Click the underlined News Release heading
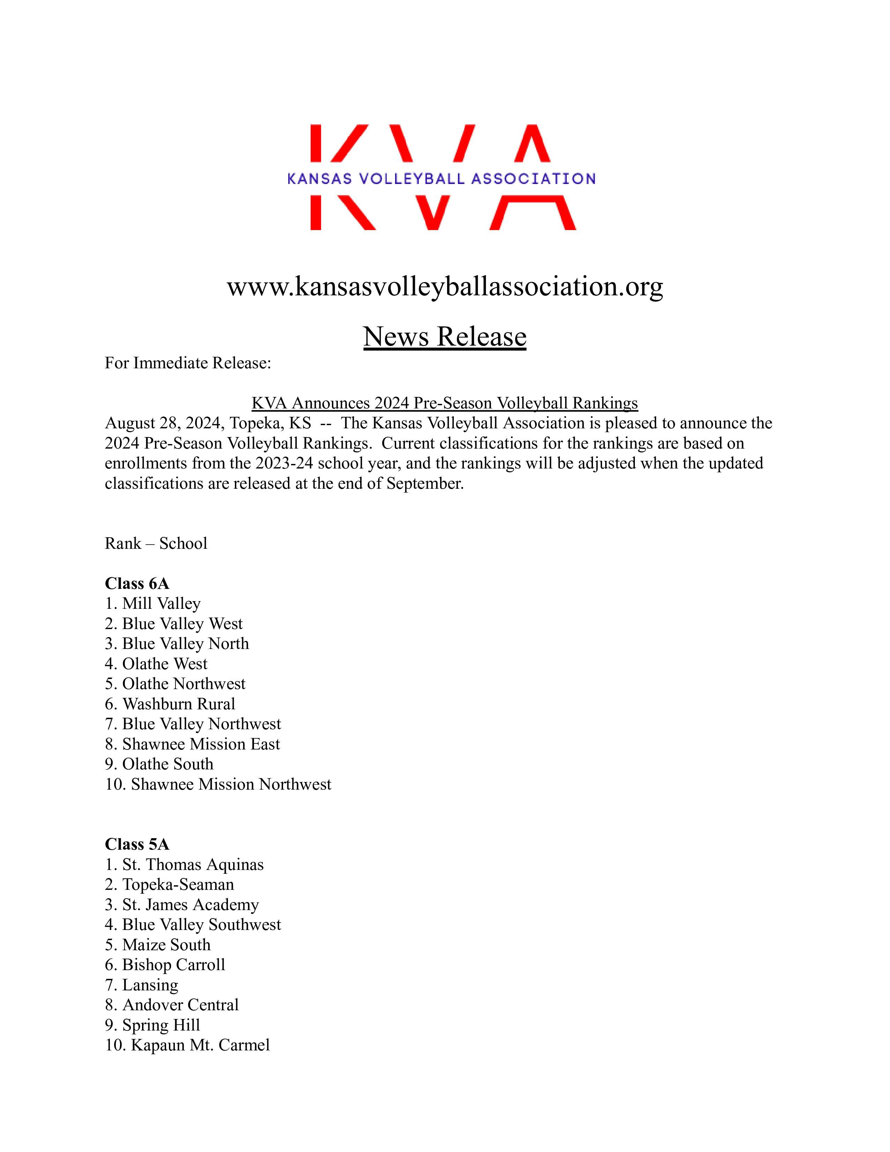[444, 337]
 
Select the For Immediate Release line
[188, 363]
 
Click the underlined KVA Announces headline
[444, 403]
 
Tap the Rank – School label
[156, 543]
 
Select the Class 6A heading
[137, 583]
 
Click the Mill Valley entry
[153, 604]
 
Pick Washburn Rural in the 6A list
[170, 704]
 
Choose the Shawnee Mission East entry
[192, 744]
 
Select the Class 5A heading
[137, 844]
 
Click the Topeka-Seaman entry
[169, 885]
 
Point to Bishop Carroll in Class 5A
[165, 965]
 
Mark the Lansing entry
[142, 985]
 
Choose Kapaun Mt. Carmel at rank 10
[187, 1045]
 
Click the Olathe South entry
[159, 764]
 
